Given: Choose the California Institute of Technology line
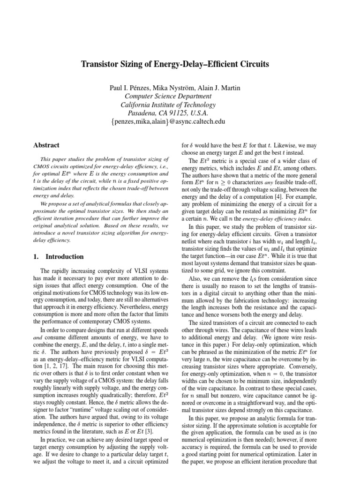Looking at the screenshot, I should point(168,105).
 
